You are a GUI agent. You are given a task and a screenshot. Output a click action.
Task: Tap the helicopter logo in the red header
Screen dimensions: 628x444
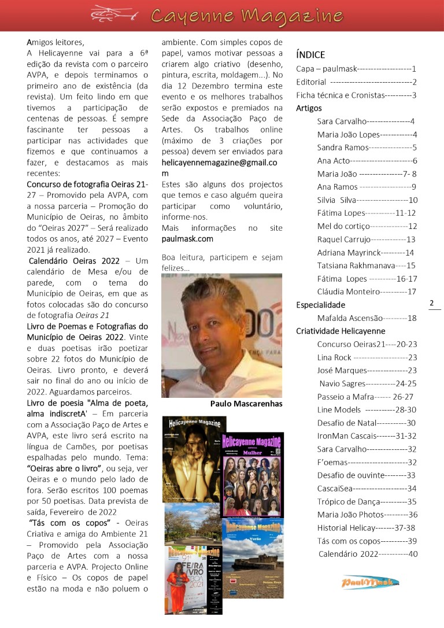(115, 13)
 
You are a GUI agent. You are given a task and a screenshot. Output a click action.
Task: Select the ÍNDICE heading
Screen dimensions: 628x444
(310, 55)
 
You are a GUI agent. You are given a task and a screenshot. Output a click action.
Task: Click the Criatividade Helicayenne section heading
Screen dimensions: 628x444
(341, 331)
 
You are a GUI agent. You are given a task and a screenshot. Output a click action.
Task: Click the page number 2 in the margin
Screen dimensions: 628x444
(432, 303)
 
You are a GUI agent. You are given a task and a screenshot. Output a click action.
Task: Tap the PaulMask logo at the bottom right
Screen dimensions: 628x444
(370, 582)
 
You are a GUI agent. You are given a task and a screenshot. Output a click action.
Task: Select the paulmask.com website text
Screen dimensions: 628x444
(187, 238)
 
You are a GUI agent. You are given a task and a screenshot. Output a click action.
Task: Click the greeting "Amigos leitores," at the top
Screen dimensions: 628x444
(55, 42)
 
